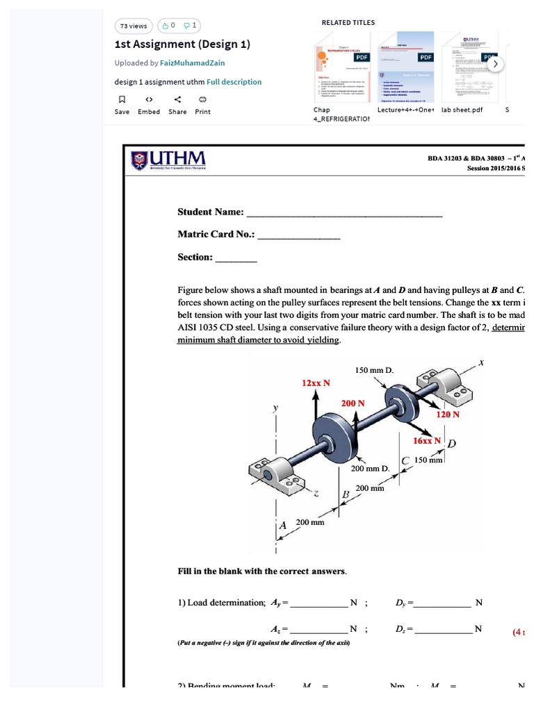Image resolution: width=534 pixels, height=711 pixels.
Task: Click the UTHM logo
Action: (x=168, y=161)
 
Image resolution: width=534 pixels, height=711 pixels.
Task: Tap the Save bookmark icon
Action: (x=122, y=99)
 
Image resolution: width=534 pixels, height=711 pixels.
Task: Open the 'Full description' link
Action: (x=234, y=82)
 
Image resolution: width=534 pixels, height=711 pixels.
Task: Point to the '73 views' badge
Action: (x=133, y=26)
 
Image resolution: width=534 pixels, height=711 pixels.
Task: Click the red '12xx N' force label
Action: (x=316, y=383)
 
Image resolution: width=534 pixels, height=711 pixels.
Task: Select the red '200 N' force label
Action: (x=353, y=403)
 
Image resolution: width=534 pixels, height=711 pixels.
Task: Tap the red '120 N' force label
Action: (x=448, y=415)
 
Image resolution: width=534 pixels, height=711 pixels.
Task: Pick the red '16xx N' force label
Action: (x=427, y=441)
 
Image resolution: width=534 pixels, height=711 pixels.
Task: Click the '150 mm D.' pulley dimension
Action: (x=374, y=370)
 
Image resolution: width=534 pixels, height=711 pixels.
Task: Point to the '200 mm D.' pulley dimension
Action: (x=370, y=469)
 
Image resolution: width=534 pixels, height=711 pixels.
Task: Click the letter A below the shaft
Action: (x=283, y=526)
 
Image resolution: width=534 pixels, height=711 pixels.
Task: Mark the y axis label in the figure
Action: (x=275, y=409)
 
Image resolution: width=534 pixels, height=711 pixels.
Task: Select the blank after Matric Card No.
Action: (x=299, y=235)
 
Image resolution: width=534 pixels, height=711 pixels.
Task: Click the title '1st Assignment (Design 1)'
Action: (x=182, y=44)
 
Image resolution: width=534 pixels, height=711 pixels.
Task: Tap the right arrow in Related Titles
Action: (x=495, y=64)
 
